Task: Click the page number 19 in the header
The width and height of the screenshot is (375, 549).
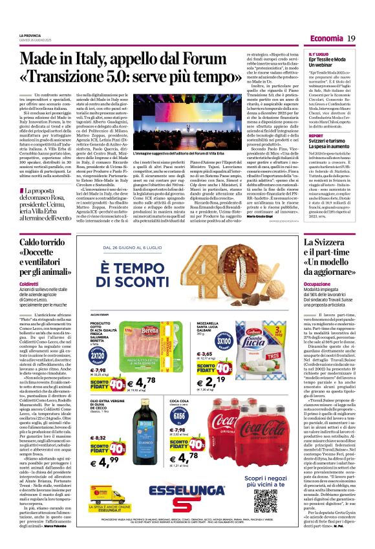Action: point(351,39)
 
